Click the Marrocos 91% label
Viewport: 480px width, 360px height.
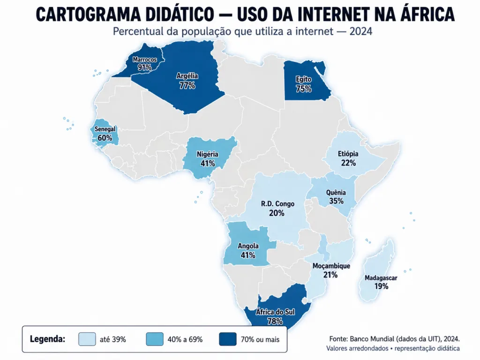click(x=144, y=63)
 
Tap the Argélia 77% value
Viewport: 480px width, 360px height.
click(x=187, y=85)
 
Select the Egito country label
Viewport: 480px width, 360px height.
click(x=303, y=79)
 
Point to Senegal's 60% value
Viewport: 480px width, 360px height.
click(x=105, y=138)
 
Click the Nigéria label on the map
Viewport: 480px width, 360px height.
click(x=208, y=154)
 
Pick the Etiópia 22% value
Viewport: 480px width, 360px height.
click(x=348, y=163)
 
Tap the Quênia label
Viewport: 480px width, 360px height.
click(x=336, y=193)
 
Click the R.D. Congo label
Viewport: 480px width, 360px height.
click(x=277, y=204)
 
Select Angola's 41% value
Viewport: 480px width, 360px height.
click(x=248, y=255)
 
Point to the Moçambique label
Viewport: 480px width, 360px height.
click(x=331, y=266)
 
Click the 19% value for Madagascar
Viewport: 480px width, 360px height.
click(x=382, y=286)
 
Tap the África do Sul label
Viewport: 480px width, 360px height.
click(x=275, y=312)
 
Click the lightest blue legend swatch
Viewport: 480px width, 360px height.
click(x=87, y=339)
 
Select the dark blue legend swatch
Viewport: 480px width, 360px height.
click(x=228, y=339)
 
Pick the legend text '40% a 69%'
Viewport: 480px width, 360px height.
click(x=185, y=339)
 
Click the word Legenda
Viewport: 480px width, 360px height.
click(x=47, y=339)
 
